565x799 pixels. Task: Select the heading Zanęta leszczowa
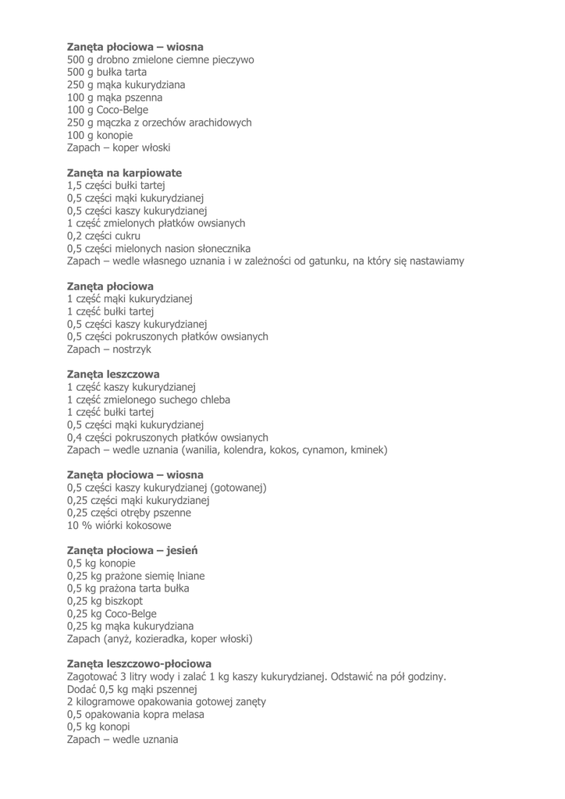pos(113,374)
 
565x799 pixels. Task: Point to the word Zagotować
pos(97,676)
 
